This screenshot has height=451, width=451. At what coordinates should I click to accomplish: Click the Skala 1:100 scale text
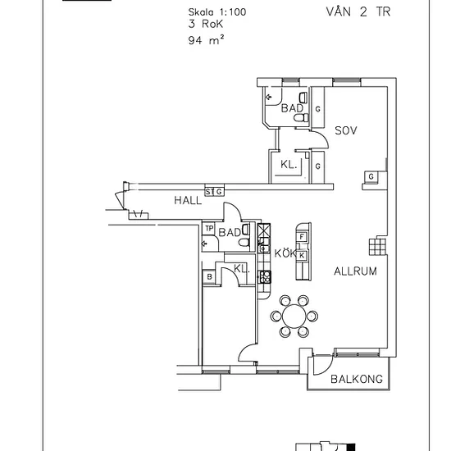click(x=217, y=12)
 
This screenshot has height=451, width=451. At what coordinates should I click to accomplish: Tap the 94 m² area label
click(x=206, y=39)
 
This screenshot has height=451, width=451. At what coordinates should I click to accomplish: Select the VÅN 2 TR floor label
click(x=358, y=11)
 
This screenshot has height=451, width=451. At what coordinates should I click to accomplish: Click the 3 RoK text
click(x=205, y=24)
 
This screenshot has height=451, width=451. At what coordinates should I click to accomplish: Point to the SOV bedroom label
click(x=346, y=130)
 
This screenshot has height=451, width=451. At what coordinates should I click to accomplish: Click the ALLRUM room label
click(x=355, y=271)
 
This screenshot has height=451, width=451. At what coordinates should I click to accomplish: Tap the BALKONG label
click(x=357, y=379)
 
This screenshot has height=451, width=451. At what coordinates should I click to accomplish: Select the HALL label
click(x=188, y=200)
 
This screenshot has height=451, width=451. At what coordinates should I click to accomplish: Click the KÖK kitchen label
click(x=285, y=253)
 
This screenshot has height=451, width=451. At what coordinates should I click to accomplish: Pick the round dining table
click(x=294, y=316)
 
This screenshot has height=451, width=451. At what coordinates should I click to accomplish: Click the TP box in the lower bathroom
click(x=209, y=229)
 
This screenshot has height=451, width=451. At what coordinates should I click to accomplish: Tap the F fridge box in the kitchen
click(x=302, y=237)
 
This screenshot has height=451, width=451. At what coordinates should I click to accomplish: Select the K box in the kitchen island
click(x=302, y=255)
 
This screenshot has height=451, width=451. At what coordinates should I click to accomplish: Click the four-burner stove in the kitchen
click(x=265, y=277)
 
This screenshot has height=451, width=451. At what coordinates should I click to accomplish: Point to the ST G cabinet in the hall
click(x=214, y=192)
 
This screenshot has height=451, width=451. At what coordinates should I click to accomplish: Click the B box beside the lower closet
click(x=209, y=276)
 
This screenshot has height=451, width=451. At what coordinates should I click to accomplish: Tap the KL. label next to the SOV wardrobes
click(x=289, y=165)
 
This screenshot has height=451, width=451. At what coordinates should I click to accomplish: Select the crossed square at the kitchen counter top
click(x=264, y=230)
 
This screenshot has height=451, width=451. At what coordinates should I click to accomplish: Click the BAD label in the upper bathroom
click(x=292, y=108)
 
